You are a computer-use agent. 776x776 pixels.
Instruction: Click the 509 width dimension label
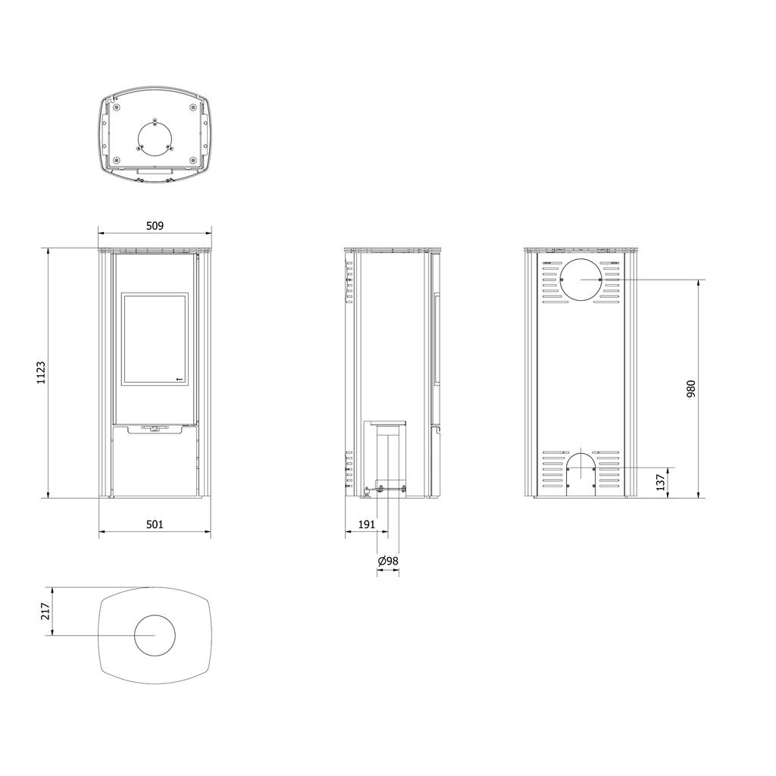pos(155,226)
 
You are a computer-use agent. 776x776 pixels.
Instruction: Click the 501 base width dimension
pos(155,524)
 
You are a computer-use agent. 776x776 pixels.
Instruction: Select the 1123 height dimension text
pos(41,372)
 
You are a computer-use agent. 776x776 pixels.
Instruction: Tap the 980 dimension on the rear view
pos(690,389)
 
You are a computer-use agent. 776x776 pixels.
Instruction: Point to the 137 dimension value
pos(661,480)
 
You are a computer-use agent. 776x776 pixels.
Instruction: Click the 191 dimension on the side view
pos(366,524)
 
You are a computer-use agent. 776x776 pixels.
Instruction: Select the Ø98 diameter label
pos(388,561)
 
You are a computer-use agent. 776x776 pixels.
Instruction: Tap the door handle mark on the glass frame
pos(180,377)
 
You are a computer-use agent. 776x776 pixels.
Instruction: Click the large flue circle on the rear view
pos(581,280)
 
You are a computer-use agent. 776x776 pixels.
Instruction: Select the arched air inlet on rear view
pos(581,474)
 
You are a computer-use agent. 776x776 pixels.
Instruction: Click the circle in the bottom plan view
pos(155,635)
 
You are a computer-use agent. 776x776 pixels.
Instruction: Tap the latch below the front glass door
pos(155,429)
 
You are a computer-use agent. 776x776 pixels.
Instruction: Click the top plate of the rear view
pos(581,249)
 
